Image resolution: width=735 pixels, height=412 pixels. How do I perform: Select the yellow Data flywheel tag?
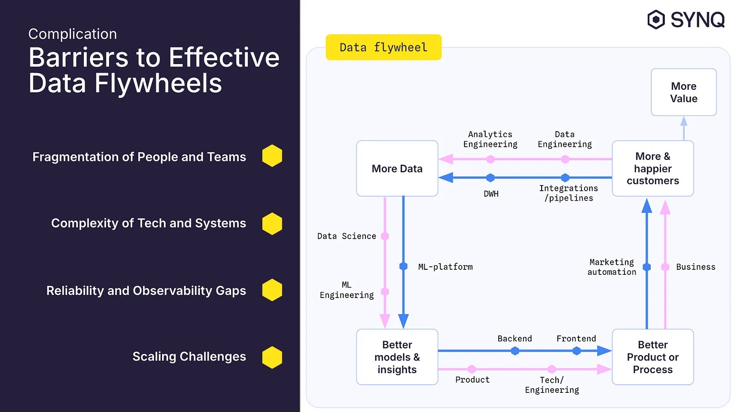point(383,47)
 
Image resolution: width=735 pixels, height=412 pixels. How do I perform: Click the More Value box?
point(684,92)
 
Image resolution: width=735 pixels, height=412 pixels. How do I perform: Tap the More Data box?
point(397,168)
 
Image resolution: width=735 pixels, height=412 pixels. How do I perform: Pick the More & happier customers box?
point(653,168)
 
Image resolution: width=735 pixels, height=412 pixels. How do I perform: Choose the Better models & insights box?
point(397,357)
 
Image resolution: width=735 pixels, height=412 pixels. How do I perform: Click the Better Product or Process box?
point(653,357)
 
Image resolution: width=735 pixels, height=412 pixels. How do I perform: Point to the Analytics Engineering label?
point(490,139)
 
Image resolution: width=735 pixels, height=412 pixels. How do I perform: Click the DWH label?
point(491,194)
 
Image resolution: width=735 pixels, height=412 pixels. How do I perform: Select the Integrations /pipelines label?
point(568,193)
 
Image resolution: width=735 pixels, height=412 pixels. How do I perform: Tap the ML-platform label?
point(445,267)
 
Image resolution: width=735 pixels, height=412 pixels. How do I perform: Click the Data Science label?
point(346,236)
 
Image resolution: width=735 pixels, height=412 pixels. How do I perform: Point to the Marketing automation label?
point(612,267)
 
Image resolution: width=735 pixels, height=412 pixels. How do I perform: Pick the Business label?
point(696,267)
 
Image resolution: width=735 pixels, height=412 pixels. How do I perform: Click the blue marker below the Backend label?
point(515,351)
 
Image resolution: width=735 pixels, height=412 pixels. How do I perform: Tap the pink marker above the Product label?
point(471,369)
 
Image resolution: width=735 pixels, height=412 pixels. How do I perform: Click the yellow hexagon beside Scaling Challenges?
point(272,357)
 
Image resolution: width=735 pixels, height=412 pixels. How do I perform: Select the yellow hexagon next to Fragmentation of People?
point(272,156)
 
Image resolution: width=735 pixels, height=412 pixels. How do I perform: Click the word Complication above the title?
point(73,34)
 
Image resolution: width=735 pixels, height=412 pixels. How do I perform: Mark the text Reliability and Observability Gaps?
point(146,291)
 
